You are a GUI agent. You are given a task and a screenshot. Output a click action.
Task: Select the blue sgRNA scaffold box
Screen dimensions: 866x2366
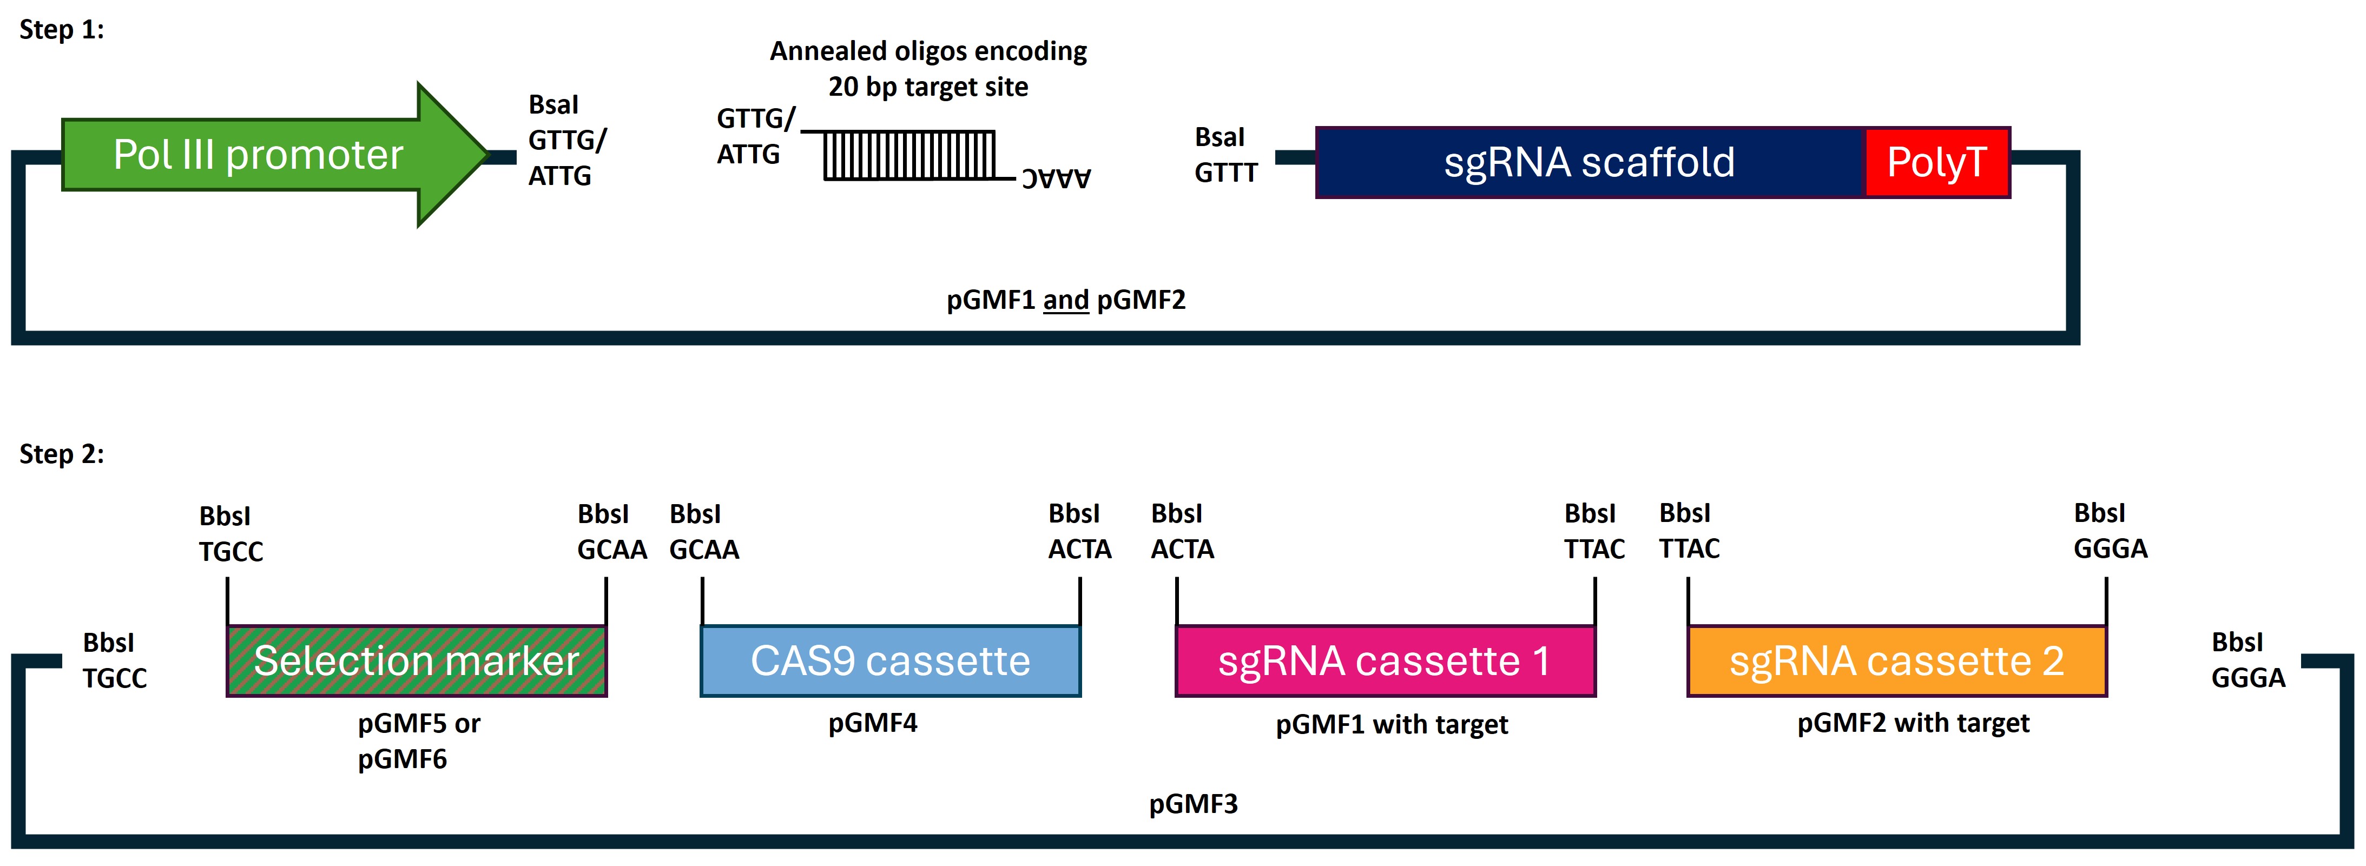pos(1589,163)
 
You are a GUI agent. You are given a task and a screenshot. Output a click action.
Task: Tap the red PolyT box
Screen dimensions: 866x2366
pos(1936,163)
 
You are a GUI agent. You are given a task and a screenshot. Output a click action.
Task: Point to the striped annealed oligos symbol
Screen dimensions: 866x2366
pos(910,154)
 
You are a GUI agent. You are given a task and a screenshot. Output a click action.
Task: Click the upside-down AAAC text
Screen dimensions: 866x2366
pos(1056,178)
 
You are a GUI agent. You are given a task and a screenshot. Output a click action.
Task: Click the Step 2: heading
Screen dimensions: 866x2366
pos(62,454)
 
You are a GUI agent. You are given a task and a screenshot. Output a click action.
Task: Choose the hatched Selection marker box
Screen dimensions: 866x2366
pos(416,661)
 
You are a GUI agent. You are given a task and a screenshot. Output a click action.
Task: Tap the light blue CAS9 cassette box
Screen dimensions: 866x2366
pos(890,661)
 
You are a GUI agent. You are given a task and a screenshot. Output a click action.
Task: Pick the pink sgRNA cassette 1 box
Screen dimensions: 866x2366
pos(1385,661)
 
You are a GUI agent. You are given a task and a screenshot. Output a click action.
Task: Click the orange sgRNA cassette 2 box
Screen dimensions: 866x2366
pos(1897,661)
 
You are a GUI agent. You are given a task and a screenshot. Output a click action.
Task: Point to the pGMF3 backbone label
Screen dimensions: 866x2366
pos(1193,804)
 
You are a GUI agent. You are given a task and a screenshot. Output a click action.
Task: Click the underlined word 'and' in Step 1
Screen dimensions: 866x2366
pos(1065,300)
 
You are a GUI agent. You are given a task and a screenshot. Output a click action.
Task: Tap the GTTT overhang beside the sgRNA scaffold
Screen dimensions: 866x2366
pos(1225,173)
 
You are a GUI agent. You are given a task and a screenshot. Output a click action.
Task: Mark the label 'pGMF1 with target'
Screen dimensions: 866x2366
pos(1392,725)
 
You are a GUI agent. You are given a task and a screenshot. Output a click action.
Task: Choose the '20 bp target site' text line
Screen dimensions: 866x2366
pos(928,87)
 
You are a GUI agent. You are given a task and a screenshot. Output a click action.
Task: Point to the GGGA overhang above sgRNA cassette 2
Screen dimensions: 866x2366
pos(2110,549)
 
